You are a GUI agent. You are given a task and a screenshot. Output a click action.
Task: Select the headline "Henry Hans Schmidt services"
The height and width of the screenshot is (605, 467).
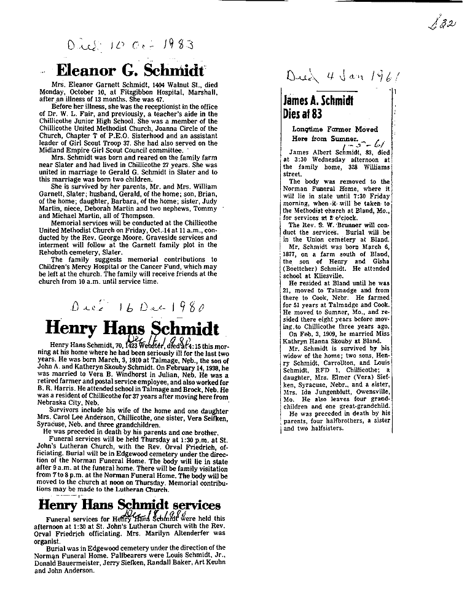129,505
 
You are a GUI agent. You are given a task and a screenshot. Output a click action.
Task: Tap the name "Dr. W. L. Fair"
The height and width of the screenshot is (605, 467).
73,113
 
